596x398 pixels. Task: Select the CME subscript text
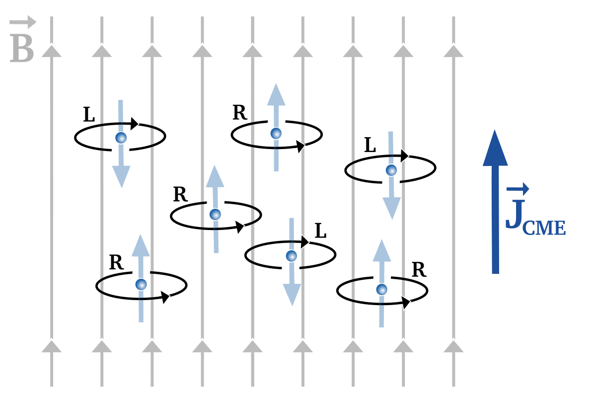(545, 228)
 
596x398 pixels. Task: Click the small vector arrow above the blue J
(518, 189)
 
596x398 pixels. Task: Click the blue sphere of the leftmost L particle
(121, 138)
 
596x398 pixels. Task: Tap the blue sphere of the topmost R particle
(276, 133)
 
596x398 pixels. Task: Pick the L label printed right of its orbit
(321, 231)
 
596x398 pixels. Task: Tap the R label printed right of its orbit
(419, 270)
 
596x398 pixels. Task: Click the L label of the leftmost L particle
(89, 115)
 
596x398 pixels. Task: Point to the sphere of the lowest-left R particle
(142, 284)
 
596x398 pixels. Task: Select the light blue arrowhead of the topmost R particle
(276, 95)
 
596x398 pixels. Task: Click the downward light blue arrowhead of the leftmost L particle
(121, 176)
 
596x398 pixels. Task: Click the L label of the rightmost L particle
(370, 145)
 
